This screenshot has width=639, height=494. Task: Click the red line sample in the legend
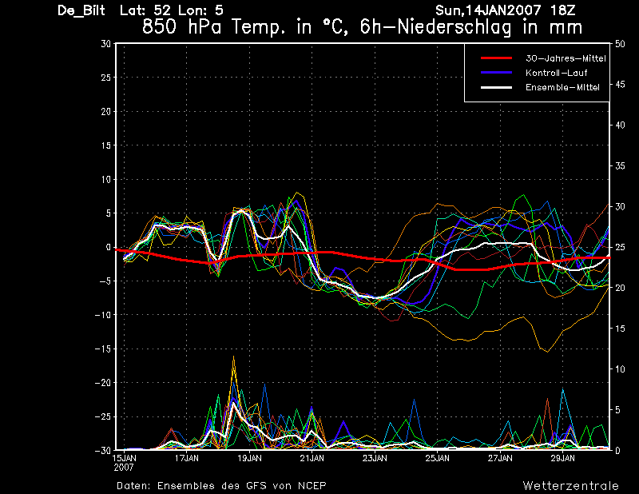[496, 59]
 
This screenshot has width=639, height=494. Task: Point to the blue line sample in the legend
[496, 73]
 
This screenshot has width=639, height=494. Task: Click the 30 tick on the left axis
[105, 44]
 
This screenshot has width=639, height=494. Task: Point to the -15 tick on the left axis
[102, 349]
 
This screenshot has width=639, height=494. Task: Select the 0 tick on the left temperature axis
[108, 248]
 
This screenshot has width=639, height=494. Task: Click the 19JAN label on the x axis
[249, 459]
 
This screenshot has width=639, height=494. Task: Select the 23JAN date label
[375, 459]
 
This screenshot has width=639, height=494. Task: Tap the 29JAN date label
[562, 459]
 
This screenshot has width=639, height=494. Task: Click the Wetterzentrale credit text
[570, 486]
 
